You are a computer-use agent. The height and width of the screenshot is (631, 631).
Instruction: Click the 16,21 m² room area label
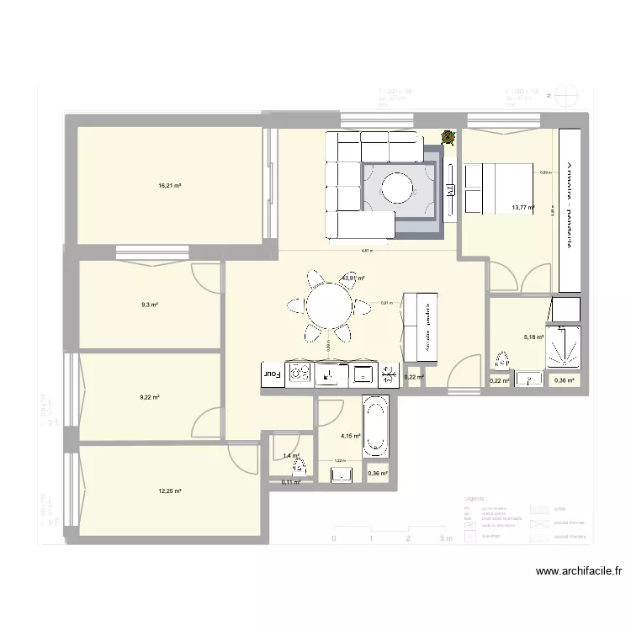click(x=169, y=186)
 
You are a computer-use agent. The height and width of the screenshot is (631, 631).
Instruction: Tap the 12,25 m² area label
click(x=169, y=491)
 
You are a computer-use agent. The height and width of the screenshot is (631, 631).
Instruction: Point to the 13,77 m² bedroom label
click(x=522, y=207)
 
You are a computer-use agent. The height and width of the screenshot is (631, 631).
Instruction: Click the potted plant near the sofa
click(x=448, y=137)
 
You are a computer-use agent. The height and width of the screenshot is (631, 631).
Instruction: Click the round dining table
click(x=329, y=305)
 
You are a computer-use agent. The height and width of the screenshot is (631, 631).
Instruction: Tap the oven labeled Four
click(x=273, y=374)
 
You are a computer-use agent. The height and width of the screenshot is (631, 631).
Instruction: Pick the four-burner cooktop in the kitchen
click(x=300, y=374)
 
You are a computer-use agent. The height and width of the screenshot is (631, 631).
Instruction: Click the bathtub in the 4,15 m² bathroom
click(x=375, y=426)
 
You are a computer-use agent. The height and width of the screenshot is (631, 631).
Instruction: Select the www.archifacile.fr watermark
click(x=580, y=571)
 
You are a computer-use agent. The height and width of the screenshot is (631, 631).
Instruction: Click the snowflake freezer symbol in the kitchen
click(x=389, y=373)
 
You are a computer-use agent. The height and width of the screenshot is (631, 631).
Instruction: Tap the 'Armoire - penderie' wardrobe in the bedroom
click(x=570, y=202)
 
